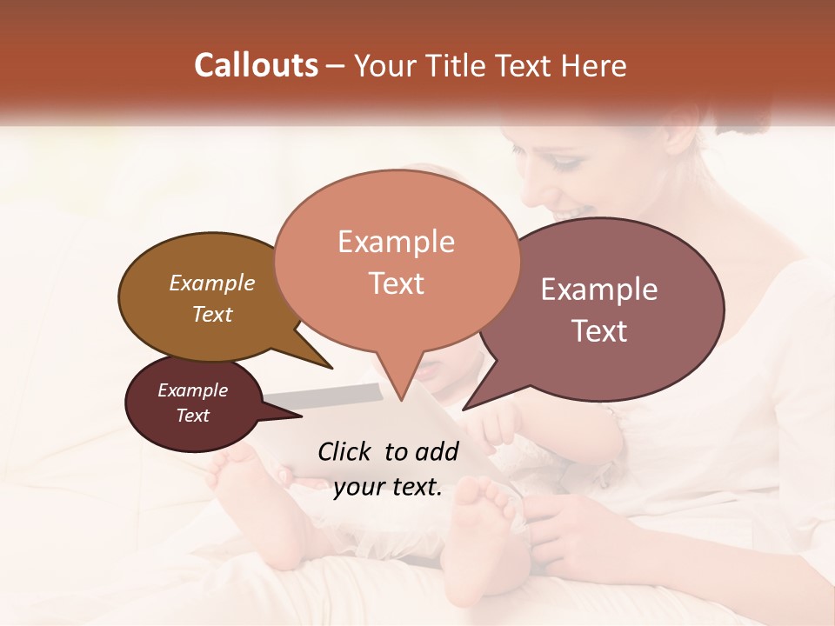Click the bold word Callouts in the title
click(256, 65)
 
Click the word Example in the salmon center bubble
click(396, 242)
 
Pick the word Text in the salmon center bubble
click(396, 283)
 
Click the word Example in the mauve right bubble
click(599, 290)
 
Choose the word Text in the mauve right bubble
click(599, 331)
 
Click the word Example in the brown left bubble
click(212, 283)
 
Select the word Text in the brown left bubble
click(212, 314)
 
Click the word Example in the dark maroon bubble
click(193, 390)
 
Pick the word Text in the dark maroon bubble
click(193, 416)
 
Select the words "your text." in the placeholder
click(388, 487)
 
